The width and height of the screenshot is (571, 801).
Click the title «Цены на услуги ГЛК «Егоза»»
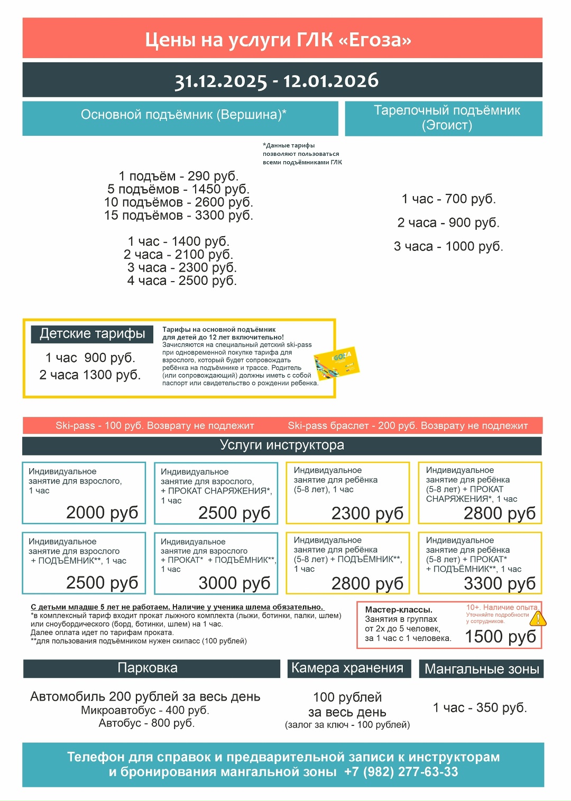tap(278, 40)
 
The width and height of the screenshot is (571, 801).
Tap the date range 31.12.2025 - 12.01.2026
tap(277, 81)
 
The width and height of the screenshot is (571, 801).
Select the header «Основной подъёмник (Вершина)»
tap(183, 115)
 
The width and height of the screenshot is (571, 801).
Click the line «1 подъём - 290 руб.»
tap(179, 176)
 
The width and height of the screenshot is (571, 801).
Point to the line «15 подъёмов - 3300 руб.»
tap(179, 216)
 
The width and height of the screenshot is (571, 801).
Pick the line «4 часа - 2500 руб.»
tap(182, 281)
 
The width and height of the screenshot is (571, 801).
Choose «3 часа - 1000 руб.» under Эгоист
tap(448, 246)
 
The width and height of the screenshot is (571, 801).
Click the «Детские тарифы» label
tap(93, 333)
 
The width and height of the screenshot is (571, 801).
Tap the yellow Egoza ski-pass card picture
tap(337, 364)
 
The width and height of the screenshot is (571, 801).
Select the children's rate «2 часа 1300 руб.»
tap(90, 375)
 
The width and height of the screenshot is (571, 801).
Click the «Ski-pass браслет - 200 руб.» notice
tap(408, 425)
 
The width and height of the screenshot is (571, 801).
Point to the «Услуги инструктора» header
tap(282, 445)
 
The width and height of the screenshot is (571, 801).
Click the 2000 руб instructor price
tap(102, 512)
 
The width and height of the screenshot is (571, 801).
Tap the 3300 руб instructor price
tap(500, 583)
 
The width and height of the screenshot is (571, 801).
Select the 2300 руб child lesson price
tap(367, 513)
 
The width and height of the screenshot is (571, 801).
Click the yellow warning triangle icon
tap(538, 619)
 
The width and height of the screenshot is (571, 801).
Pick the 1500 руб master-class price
tap(500, 637)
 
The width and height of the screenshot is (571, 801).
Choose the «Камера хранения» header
tap(347, 668)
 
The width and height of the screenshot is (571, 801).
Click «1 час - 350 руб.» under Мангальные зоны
tap(480, 707)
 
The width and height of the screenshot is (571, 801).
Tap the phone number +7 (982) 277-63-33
tap(401, 772)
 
